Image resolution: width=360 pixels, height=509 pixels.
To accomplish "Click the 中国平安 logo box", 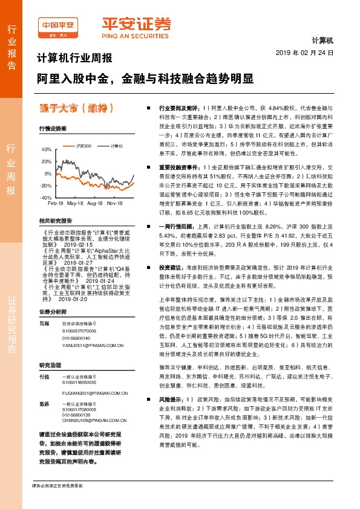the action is tap(58, 27).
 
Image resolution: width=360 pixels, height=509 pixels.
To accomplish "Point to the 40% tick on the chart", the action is tap(47, 149).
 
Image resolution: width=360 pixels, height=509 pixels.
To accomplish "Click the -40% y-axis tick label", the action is tap(45, 198).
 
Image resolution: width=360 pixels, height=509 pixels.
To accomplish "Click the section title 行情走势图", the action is tap(53, 129).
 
